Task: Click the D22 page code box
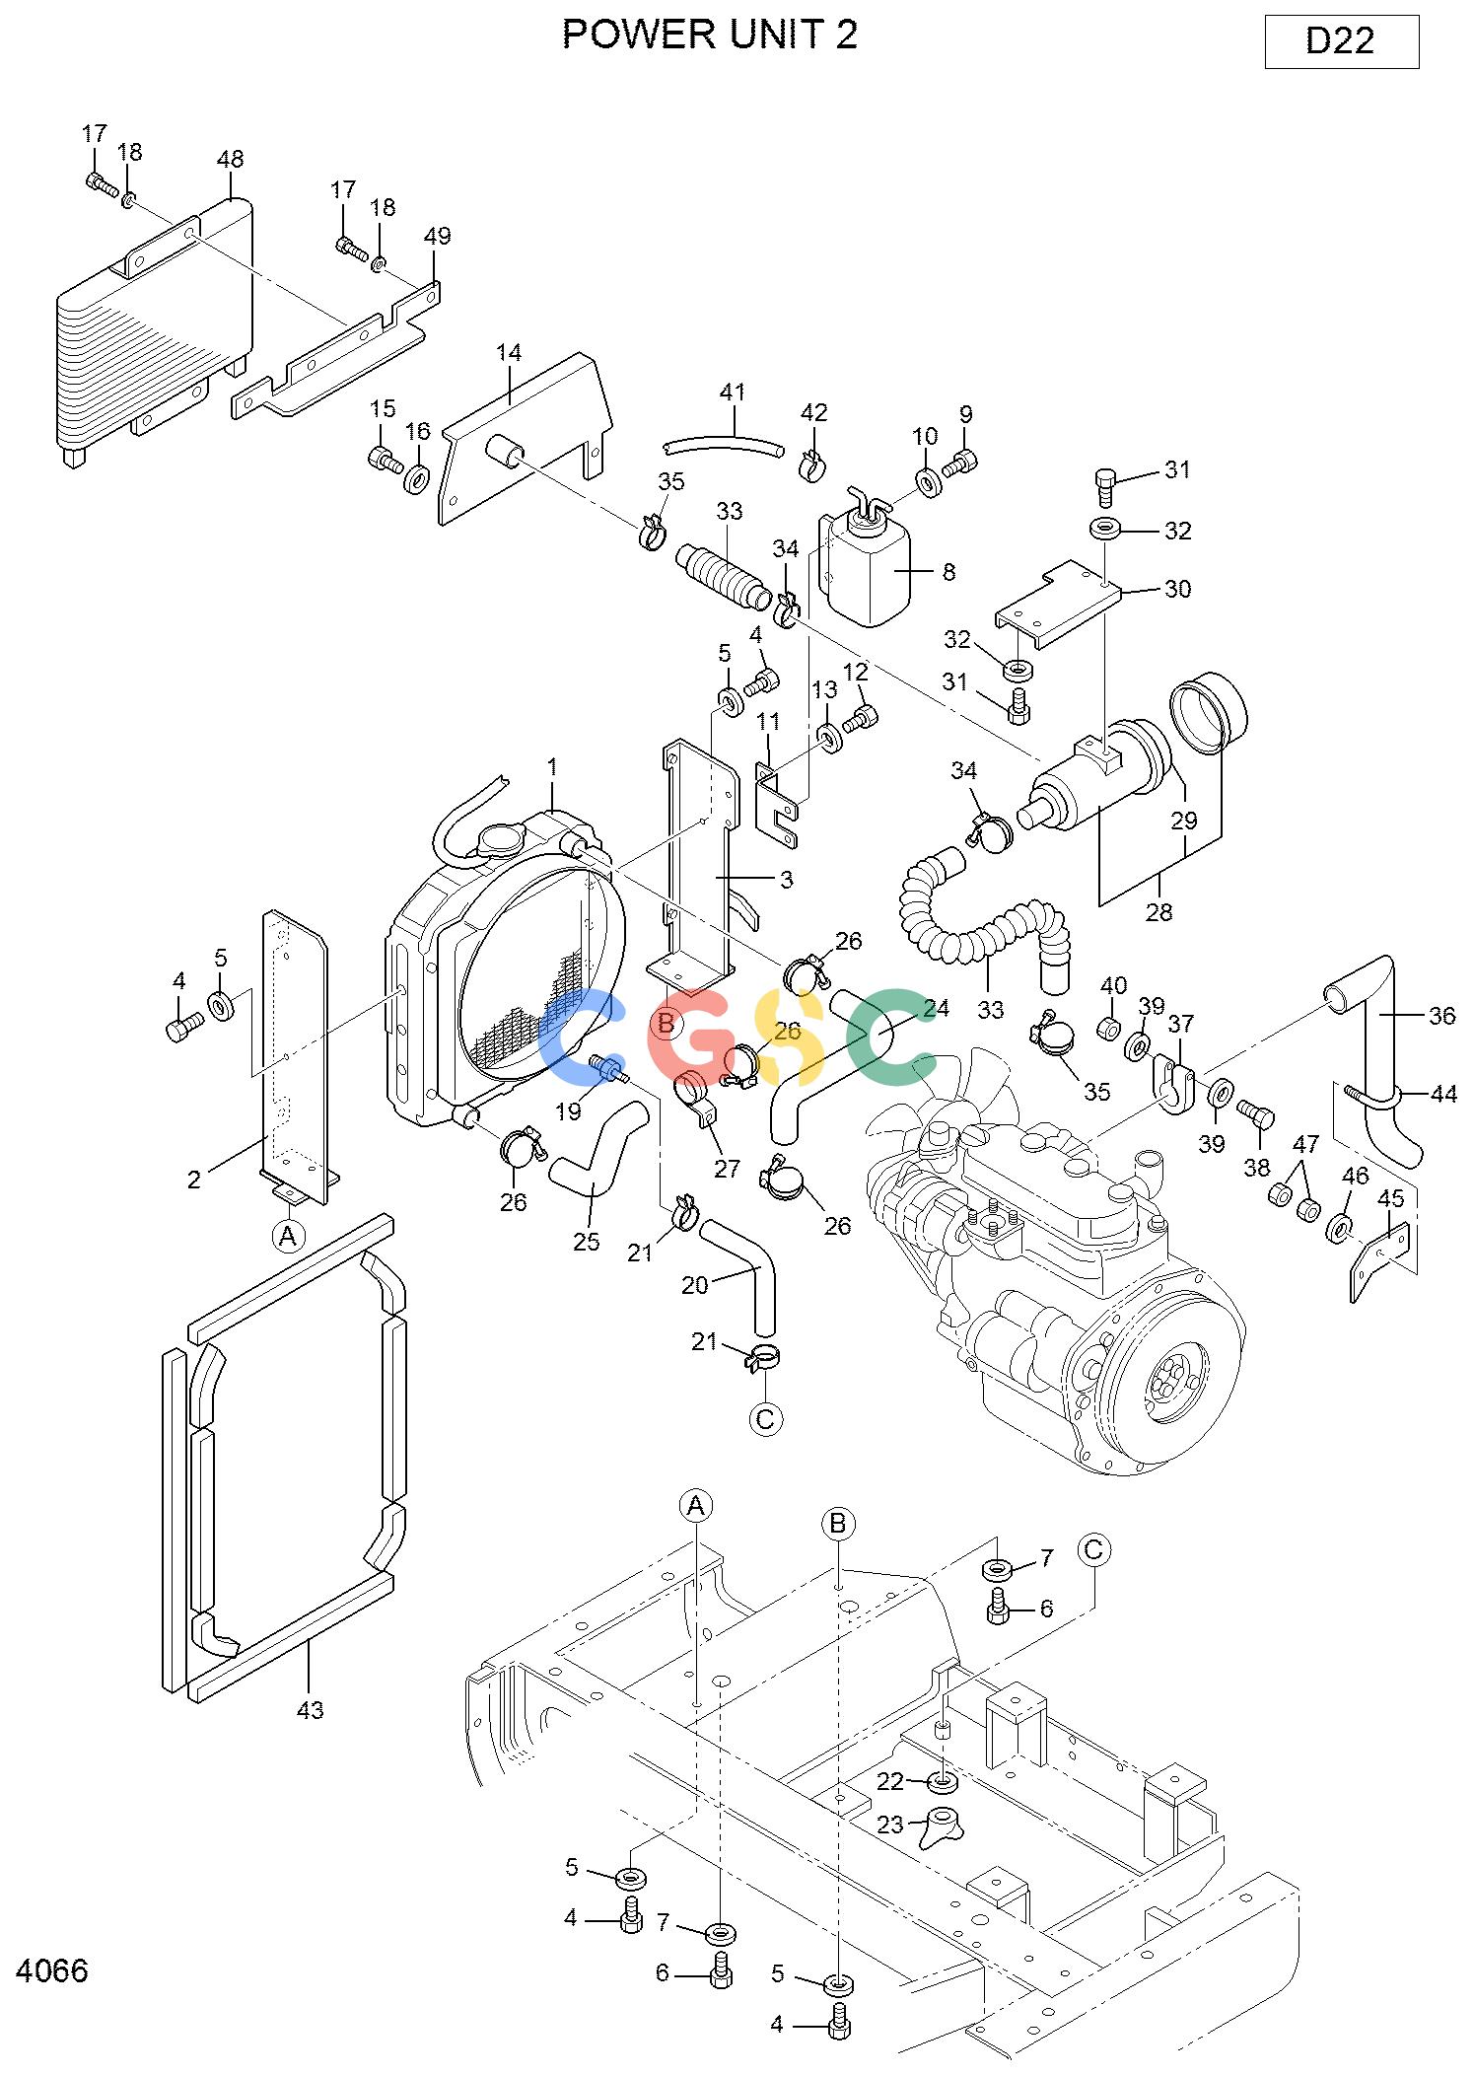pos(1341,41)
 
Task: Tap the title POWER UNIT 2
pos(710,35)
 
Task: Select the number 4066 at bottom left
pos(52,1970)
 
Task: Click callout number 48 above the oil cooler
pos(230,159)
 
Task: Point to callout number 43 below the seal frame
pos(310,1710)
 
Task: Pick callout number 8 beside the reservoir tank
pos(948,572)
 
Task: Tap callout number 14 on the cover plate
pos(509,352)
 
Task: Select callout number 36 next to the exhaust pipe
pos(1441,1016)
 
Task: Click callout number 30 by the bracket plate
pos(1177,589)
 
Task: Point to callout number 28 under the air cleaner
pos(1158,912)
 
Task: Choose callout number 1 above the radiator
pos(553,766)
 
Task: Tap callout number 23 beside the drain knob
pos(890,1825)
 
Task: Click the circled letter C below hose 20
pos(765,1419)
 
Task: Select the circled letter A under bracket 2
pos(288,1236)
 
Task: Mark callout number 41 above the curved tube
pos(733,392)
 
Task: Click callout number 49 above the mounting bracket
pos(437,236)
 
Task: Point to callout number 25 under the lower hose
pos(586,1242)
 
